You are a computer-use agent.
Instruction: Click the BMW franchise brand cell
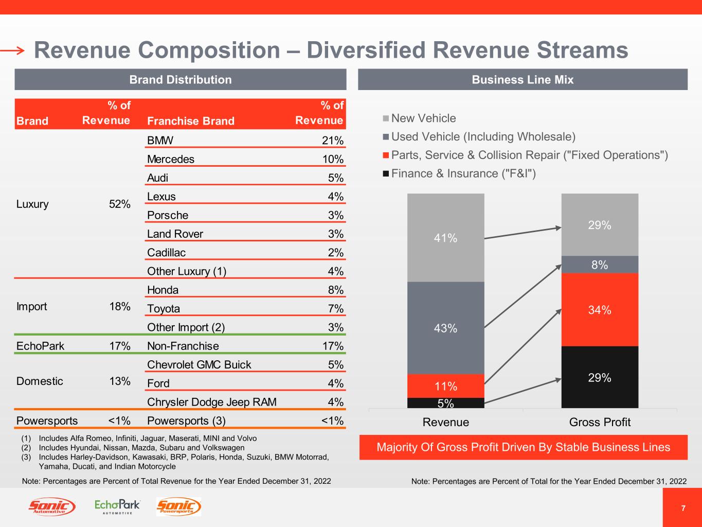(160, 140)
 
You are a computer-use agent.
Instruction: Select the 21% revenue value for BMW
(333, 140)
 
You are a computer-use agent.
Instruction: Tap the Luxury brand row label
(32, 204)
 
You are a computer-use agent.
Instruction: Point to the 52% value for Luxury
(119, 204)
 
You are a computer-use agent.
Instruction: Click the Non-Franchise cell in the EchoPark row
(183, 346)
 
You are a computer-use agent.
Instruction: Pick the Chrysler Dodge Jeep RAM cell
(211, 402)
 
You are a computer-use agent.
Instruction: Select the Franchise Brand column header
(190, 121)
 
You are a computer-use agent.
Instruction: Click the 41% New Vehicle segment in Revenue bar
(445, 238)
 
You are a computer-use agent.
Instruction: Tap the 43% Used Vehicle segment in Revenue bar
(445, 328)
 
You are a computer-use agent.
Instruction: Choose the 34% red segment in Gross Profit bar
(600, 310)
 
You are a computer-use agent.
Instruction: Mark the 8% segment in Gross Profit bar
(600, 265)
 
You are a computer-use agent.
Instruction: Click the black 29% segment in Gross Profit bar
(600, 377)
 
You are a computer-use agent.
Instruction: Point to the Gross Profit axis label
(600, 422)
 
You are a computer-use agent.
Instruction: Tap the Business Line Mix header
(523, 80)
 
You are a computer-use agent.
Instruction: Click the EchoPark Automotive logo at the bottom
(117, 506)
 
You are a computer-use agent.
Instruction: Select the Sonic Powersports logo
(178, 507)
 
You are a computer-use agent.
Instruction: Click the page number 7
(683, 508)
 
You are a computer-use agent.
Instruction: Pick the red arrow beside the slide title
(13, 50)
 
